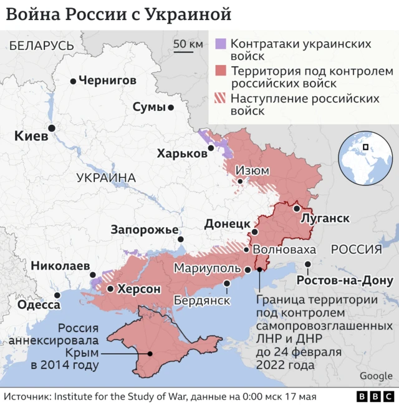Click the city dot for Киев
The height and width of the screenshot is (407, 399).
[x=52, y=127]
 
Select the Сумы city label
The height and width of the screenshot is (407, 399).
[x=149, y=107]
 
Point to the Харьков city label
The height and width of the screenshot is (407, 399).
[x=182, y=154]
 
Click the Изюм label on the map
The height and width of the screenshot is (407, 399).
[x=252, y=170]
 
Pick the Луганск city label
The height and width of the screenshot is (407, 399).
[x=324, y=219]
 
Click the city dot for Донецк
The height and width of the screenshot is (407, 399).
[x=254, y=233]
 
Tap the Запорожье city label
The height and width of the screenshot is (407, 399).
[x=145, y=230]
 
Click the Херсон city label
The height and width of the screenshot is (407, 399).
[x=139, y=290]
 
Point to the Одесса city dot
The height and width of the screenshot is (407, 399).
[x=57, y=296]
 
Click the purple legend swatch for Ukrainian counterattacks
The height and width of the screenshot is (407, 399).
[x=221, y=44]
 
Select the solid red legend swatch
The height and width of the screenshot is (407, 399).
[x=221, y=71]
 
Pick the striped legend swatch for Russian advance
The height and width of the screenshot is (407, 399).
[x=221, y=98]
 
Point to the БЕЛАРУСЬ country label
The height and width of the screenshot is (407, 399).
[x=42, y=46]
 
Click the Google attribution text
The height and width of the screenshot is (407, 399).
[x=376, y=376]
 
